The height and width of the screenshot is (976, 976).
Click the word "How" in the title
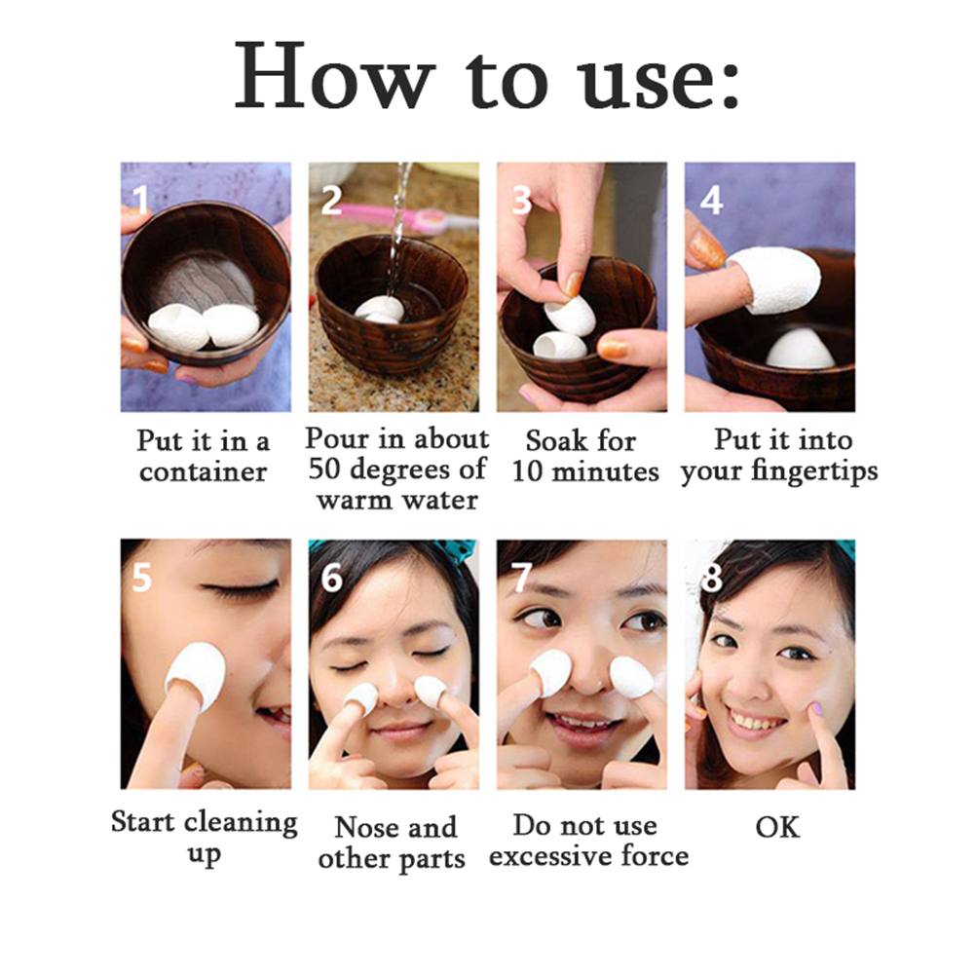pyautogui.click(x=334, y=76)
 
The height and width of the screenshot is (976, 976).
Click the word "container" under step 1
pyautogui.click(x=203, y=471)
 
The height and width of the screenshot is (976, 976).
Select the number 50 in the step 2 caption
pyautogui.click(x=324, y=469)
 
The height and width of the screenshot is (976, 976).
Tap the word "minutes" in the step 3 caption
pyautogui.click(x=605, y=471)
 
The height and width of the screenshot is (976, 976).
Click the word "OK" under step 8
pyautogui.click(x=777, y=827)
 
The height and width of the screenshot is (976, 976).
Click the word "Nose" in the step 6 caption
pyautogui.click(x=361, y=827)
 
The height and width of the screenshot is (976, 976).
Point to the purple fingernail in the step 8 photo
pyautogui.click(x=815, y=708)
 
